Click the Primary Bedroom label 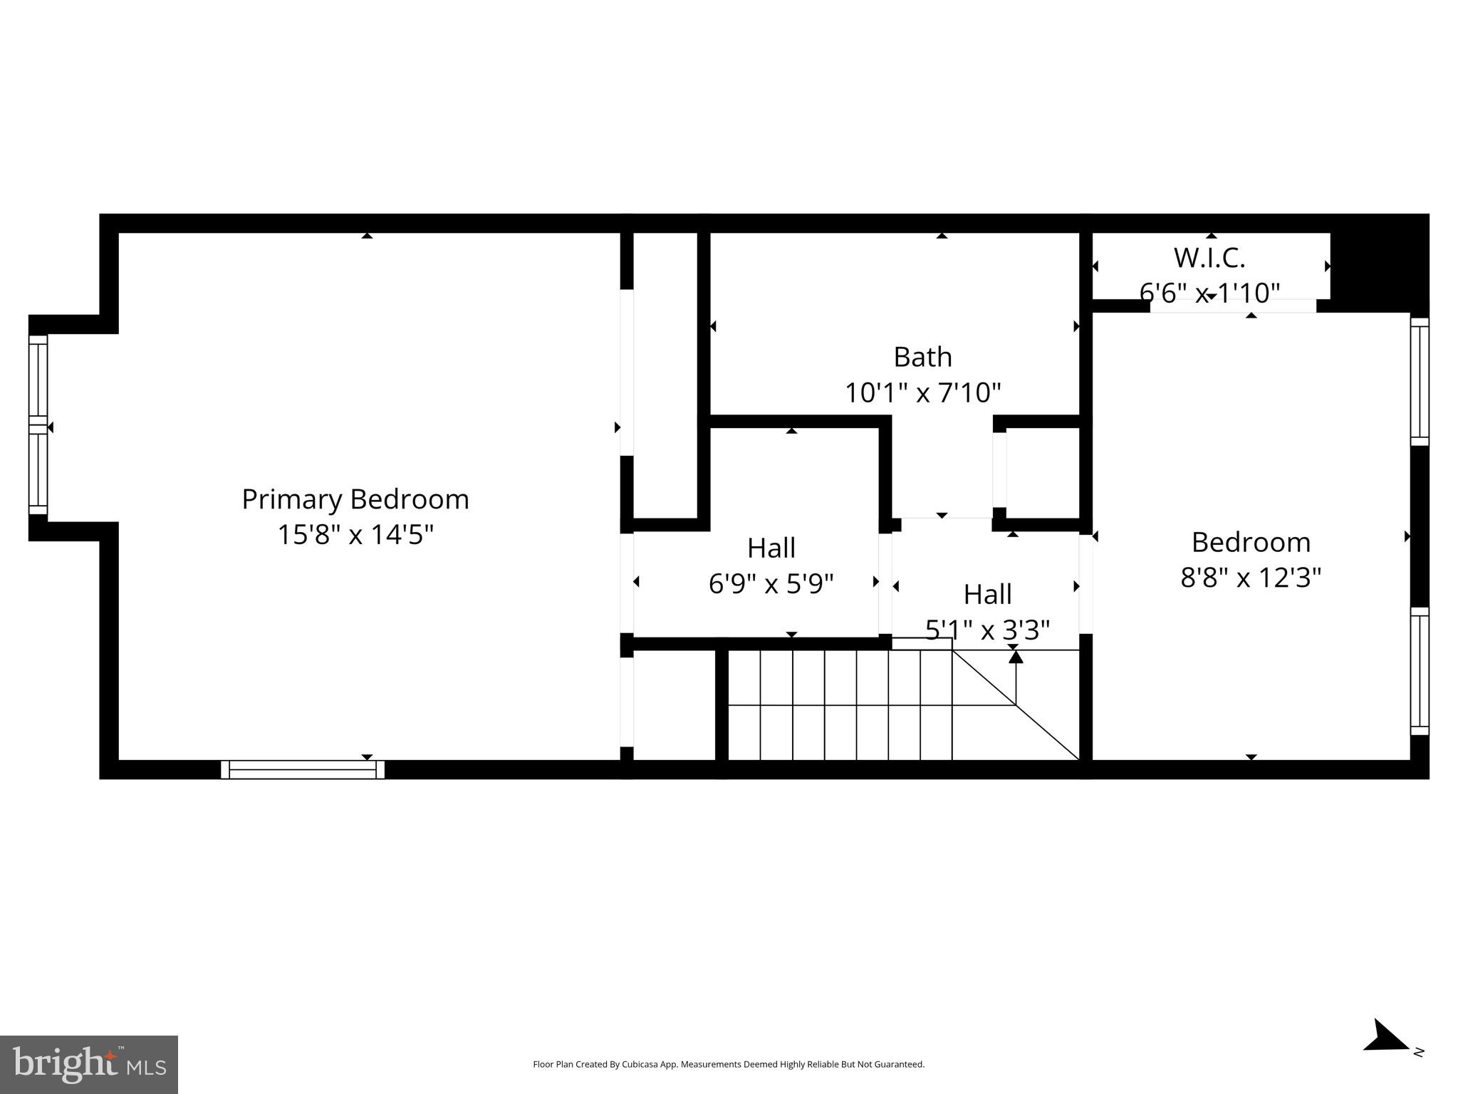coord(355,499)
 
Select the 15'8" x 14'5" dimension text coord(355,534)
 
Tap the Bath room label coord(922,357)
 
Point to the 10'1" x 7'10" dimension coord(922,392)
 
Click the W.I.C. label coord(1209,258)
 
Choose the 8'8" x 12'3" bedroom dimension coord(1250,578)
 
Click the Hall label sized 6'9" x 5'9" coord(771,548)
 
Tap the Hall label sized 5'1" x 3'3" coord(987,594)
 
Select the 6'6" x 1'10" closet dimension coord(1209,292)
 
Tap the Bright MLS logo coord(88,1064)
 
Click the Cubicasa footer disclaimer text coord(728,1064)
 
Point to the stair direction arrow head coord(1015,657)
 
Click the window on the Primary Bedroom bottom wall coord(302,769)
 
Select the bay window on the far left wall coord(38,424)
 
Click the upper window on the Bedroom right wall coord(1419,381)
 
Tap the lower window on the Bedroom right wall coord(1419,671)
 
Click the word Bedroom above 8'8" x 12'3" coord(1250,543)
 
